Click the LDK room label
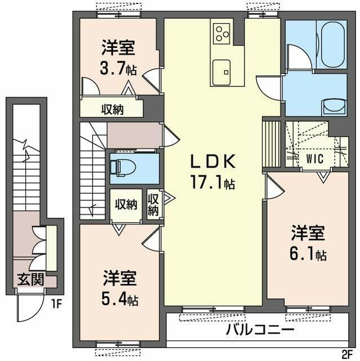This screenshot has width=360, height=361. pyautogui.click(x=212, y=161)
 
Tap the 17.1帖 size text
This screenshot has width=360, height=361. pyautogui.click(x=212, y=182)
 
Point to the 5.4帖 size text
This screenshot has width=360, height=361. pyautogui.click(x=119, y=298)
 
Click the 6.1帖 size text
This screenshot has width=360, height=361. pyautogui.click(x=308, y=253)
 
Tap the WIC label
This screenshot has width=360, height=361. pyautogui.click(x=315, y=159)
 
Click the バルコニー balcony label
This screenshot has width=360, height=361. pyautogui.click(x=260, y=329)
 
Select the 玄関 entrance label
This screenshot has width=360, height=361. pyautogui.click(x=30, y=280)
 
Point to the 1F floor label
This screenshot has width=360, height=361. pyautogui.click(x=56, y=305)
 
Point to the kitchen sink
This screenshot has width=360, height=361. pyautogui.click(x=221, y=72)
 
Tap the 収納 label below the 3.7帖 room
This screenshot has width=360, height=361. pyautogui.click(x=113, y=109)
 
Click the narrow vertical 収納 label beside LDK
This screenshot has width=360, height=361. pyautogui.click(x=153, y=205)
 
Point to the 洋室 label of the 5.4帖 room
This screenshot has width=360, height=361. pyautogui.click(x=119, y=278)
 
